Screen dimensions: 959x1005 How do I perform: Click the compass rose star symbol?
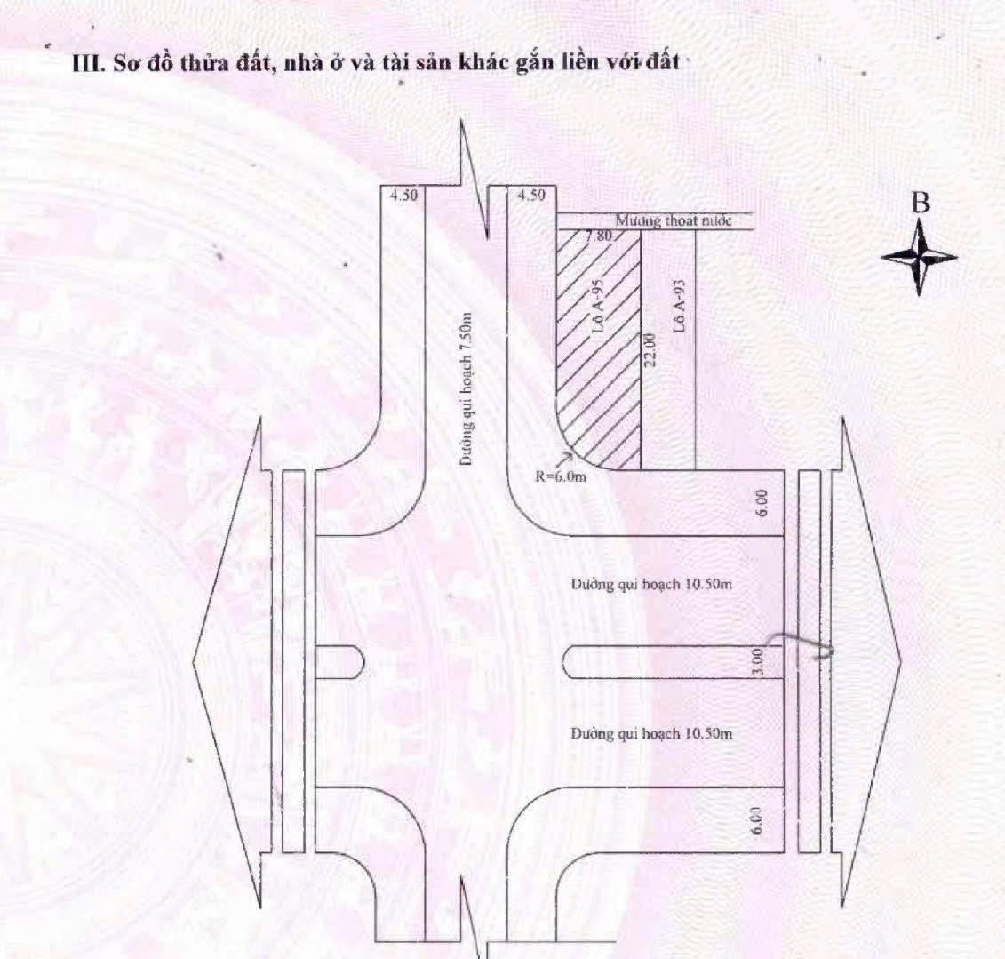point(920,257)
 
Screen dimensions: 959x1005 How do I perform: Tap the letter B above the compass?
point(921,204)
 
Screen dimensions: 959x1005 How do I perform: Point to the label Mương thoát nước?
point(674,220)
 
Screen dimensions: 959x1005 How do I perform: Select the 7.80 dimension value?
point(599,236)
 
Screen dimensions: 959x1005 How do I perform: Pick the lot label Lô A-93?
point(679,306)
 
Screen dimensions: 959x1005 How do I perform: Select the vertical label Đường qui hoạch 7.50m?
point(466,389)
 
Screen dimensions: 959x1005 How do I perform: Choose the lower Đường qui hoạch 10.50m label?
point(651,734)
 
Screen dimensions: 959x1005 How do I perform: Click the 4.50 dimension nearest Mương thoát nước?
point(530,196)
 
